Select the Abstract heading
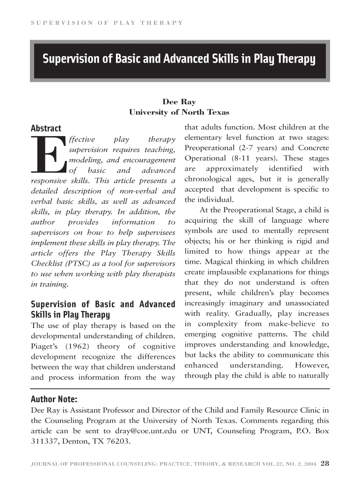coord(46,128)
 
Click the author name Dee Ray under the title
coord(179,102)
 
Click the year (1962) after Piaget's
coord(74,346)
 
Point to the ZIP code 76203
coord(118,441)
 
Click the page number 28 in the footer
coord(325,464)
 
